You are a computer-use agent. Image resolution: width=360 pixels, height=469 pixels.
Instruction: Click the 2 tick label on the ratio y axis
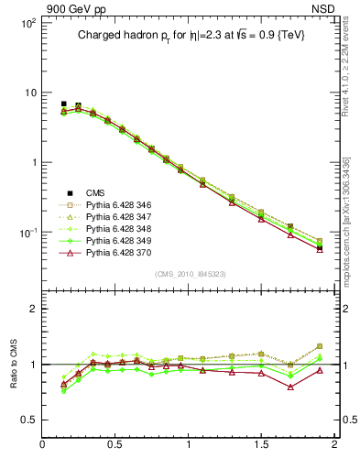coord(33,309)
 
